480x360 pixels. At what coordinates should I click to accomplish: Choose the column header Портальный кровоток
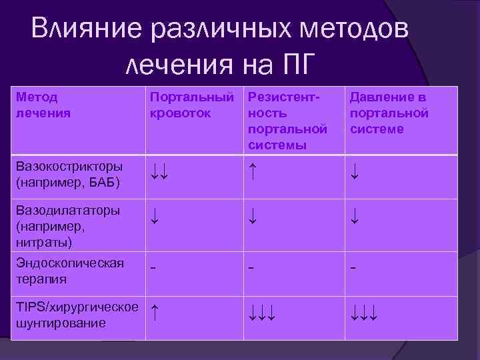[192, 105]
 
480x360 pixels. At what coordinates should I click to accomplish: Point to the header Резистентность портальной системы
[288, 121]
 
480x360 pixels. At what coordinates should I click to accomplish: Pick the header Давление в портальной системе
[389, 113]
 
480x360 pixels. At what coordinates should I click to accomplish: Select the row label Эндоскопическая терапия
[69, 271]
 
